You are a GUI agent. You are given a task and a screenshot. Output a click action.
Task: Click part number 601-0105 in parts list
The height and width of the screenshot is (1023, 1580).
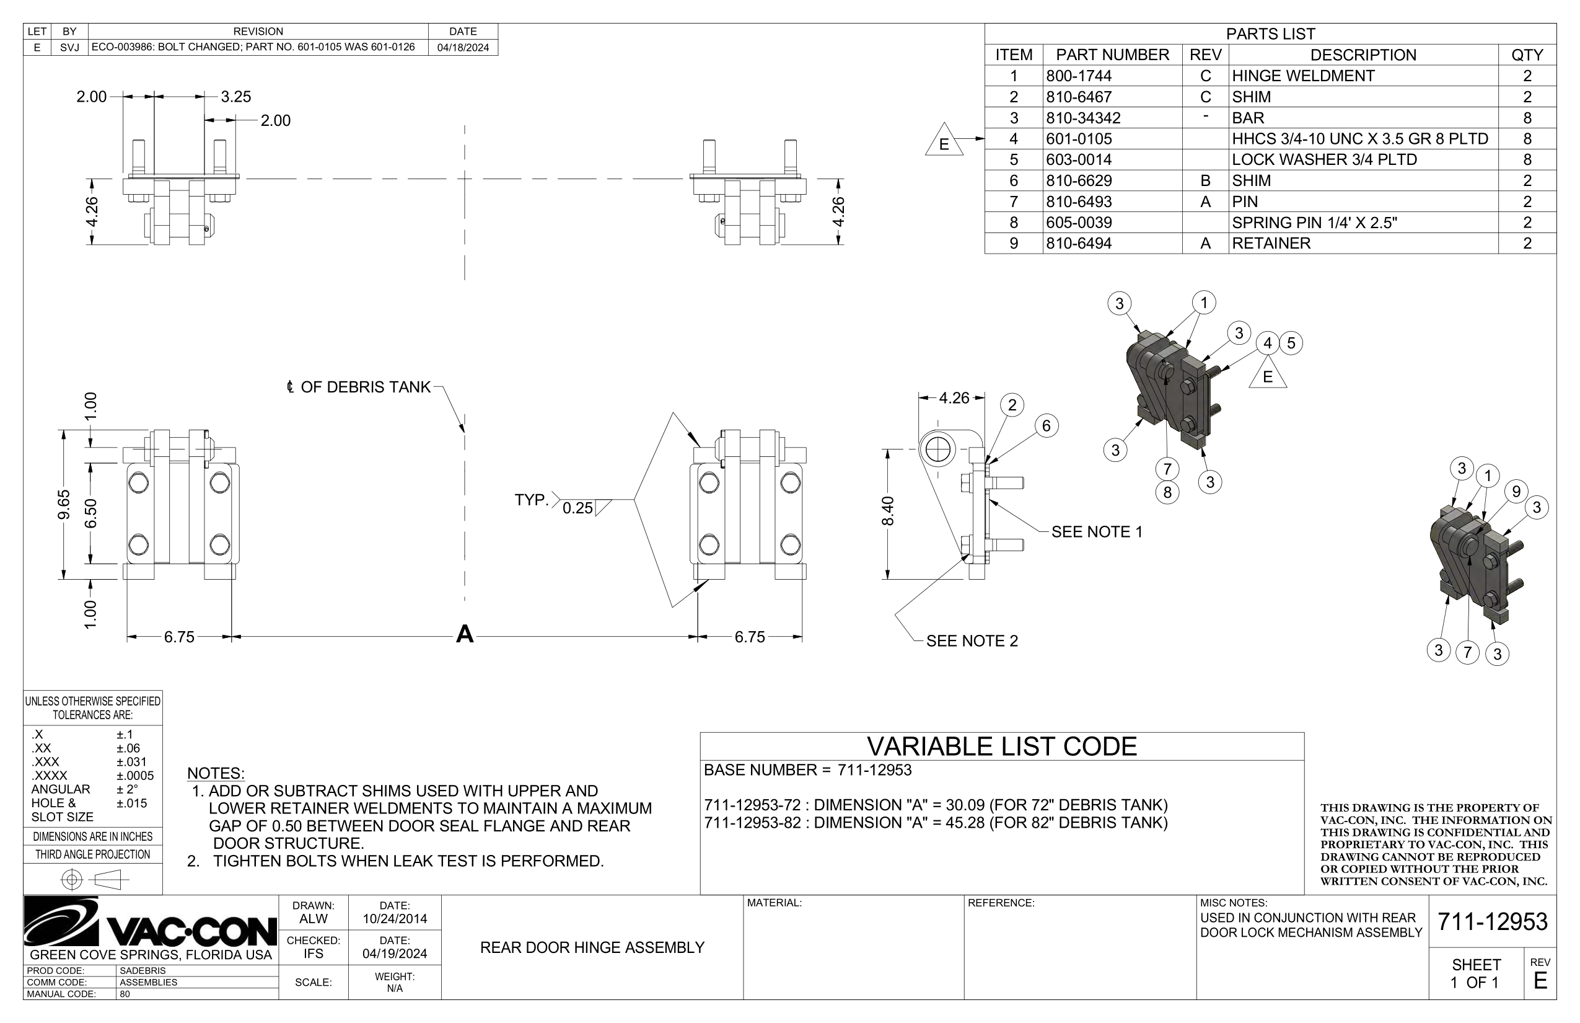pyautogui.click(x=1079, y=139)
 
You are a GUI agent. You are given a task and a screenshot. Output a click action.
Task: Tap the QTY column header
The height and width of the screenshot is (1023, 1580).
pyautogui.click(x=1526, y=55)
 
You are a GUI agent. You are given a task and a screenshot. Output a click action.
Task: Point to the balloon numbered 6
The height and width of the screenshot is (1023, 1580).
pyautogui.click(x=1047, y=426)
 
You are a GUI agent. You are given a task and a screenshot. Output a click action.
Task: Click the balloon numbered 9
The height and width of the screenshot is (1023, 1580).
pyautogui.click(x=1516, y=492)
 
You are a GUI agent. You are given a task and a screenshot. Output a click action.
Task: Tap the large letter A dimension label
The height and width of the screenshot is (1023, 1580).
pyautogui.click(x=465, y=634)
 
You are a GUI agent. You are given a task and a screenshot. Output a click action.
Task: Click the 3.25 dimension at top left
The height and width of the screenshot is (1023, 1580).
pyautogui.click(x=235, y=96)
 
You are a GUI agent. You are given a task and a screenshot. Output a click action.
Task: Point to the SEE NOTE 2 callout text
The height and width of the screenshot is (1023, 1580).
pyautogui.click(x=972, y=640)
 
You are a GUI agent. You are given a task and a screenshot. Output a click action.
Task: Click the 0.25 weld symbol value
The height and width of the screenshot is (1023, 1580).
pyautogui.click(x=577, y=508)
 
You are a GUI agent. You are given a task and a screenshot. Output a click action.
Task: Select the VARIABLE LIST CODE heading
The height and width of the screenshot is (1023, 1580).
pyautogui.click(x=1001, y=746)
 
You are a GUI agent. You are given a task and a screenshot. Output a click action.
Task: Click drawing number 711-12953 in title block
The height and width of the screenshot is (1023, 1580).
pyautogui.click(x=1492, y=921)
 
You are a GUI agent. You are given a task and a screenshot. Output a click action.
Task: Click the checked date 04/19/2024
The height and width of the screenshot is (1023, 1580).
pyautogui.click(x=394, y=954)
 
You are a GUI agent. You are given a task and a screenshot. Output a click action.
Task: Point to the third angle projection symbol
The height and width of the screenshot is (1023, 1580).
pyautogui.click(x=93, y=880)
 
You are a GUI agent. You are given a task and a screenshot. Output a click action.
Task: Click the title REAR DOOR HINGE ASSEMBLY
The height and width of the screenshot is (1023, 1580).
pyautogui.click(x=592, y=947)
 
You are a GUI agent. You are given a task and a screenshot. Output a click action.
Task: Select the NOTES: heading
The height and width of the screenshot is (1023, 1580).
pyautogui.click(x=215, y=773)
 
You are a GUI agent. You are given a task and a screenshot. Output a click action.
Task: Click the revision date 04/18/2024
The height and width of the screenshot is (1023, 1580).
pyautogui.click(x=463, y=47)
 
